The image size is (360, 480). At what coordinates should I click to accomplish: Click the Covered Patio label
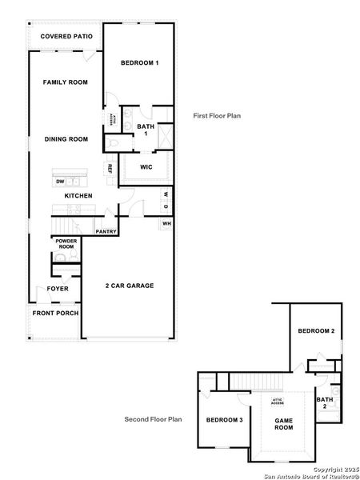[x=66, y=37]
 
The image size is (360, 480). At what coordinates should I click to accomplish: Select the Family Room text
[x=66, y=82]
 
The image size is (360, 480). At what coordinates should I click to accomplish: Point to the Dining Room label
[x=66, y=139]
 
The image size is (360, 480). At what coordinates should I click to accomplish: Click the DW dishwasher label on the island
[x=61, y=181]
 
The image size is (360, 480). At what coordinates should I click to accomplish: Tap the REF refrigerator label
[x=110, y=169]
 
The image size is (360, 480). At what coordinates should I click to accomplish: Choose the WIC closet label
[x=146, y=167]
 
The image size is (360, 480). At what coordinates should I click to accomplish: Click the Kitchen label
[x=78, y=196]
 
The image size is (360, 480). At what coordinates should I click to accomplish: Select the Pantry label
[x=106, y=232]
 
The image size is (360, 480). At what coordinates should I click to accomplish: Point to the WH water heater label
[x=166, y=223]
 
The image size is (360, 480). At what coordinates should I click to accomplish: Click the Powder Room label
[x=66, y=245]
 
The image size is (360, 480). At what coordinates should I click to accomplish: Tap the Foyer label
[x=58, y=289]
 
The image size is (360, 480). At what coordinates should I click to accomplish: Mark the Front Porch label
[x=55, y=313]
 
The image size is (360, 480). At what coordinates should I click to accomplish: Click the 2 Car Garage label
[x=130, y=286]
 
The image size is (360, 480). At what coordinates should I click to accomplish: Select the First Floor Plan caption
[x=217, y=116]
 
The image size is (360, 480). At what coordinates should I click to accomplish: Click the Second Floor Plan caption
[x=154, y=418]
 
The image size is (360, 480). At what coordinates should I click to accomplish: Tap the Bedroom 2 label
[x=316, y=331]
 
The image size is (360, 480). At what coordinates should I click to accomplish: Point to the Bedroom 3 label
[x=224, y=420]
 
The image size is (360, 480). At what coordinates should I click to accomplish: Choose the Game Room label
[x=284, y=423]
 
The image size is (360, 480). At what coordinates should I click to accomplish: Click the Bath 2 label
[x=325, y=402]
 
